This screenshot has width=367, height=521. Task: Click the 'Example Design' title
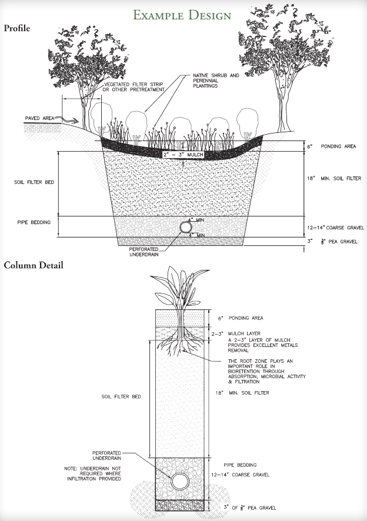[x=182, y=15]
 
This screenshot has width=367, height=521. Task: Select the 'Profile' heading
[x=18, y=28]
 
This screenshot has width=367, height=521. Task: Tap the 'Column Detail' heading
[x=34, y=265]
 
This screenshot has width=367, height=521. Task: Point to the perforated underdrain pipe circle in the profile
[x=186, y=227]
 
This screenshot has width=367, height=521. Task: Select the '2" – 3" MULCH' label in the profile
[x=183, y=155]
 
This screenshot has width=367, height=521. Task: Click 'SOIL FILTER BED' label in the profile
[x=34, y=182]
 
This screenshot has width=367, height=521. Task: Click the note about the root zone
[x=265, y=371]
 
